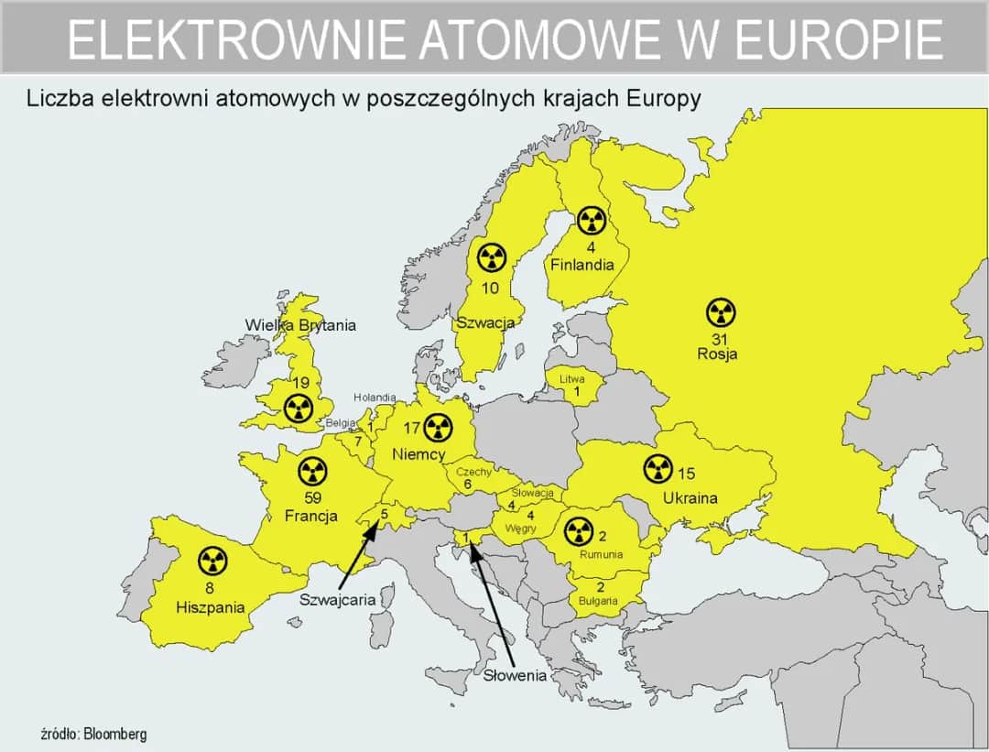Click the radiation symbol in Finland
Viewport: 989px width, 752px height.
click(592, 220)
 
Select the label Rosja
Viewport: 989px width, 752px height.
click(717, 354)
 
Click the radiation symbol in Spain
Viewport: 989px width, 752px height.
click(212, 561)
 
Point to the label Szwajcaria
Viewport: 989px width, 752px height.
click(338, 600)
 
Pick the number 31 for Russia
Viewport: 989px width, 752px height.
click(719, 339)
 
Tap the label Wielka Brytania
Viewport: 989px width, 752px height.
click(300, 325)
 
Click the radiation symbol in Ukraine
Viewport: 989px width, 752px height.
click(658, 469)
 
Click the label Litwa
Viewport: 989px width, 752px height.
click(571, 378)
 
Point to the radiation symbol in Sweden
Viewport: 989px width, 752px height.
click(492, 258)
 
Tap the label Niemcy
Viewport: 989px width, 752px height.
click(418, 453)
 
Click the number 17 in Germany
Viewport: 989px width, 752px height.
click(411, 428)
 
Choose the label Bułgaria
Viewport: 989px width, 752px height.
click(598, 601)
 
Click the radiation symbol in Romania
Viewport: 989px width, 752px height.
click(577, 530)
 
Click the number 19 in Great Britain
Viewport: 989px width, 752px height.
click(299, 384)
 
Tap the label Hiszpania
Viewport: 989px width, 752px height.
click(211, 606)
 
